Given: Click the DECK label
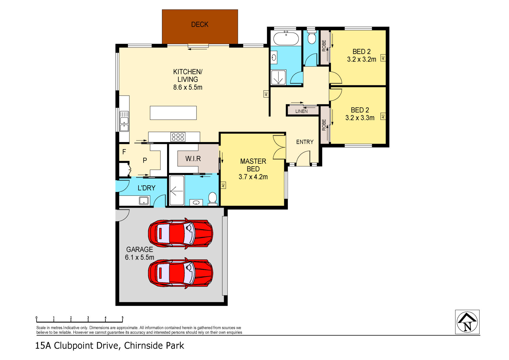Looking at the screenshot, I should [200, 25].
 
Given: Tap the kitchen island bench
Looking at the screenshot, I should [173, 113].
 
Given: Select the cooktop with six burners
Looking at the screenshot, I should [178, 137].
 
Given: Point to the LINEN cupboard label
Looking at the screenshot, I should [301, 111].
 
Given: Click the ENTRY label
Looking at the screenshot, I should [305, 142].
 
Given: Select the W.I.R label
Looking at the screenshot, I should [193, 159].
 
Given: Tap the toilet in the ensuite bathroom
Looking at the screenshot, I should [213, 198].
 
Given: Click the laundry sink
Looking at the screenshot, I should [144, 201].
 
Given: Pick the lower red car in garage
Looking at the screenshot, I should [180, 273].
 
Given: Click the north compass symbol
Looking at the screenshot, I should [467, 322].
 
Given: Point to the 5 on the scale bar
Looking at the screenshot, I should [123, 318].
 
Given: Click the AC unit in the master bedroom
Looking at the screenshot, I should [223, 185].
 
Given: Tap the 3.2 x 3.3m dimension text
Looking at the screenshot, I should [360, 118].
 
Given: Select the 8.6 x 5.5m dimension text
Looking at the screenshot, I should [188, 88].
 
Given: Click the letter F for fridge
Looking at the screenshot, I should [124, 152].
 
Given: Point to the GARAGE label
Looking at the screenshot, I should [140, 250].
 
